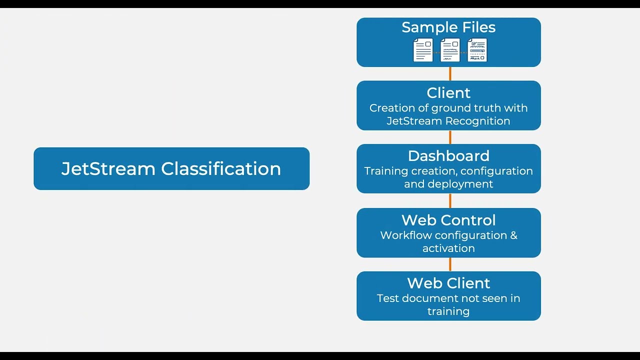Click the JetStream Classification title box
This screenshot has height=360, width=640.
pos(171,168)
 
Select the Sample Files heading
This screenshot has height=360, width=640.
pos(448,27)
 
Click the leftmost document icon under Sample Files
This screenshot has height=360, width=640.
pos(423,50)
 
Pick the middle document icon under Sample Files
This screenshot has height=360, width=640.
pos(450,50)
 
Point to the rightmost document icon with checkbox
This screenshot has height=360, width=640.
pos(477,50)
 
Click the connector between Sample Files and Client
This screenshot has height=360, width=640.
pos(450,73)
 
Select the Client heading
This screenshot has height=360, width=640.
pos(448,93)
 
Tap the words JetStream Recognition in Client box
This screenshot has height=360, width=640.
pos(448,121)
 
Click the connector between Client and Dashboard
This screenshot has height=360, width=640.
pos(450,137)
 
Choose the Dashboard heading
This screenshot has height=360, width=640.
pos(448,156)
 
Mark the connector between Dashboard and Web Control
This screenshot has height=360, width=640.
pos(450,200)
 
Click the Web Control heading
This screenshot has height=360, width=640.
pos(448,220)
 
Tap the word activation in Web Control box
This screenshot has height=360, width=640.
pos(448,248)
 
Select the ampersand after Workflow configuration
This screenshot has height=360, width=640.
pos(513,235)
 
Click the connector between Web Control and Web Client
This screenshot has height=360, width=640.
pos(450,264)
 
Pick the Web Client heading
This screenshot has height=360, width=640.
pos(448,283)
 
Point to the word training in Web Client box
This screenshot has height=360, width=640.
pos(448,311)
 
